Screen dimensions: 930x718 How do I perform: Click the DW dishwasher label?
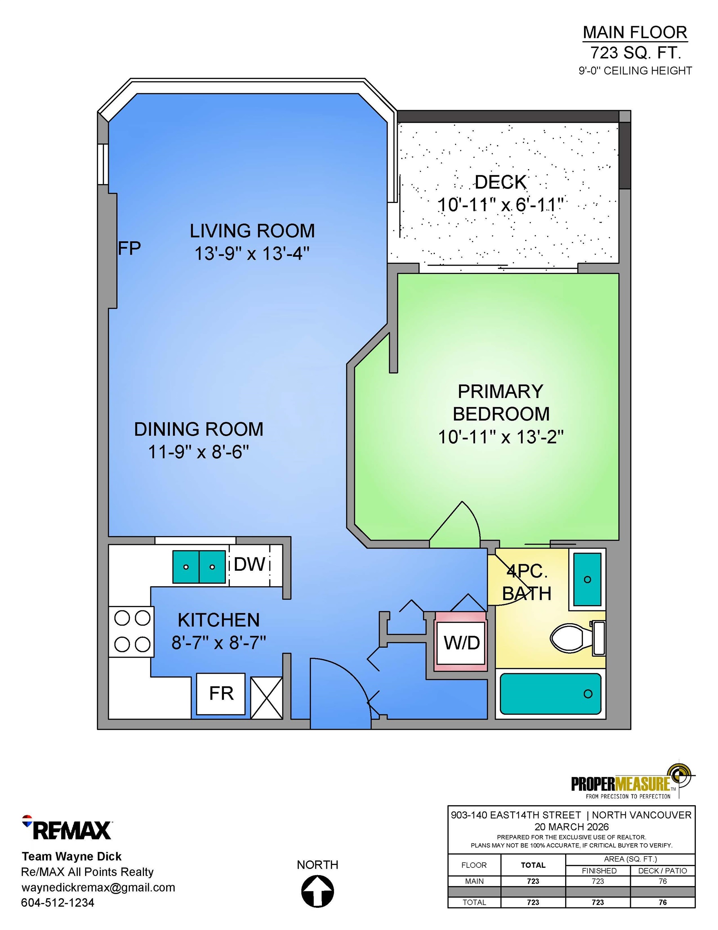(x=249, y=564)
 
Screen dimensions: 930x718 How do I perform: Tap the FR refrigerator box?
(x=221, y=694)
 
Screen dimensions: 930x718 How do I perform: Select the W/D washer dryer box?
(x=461, y=643)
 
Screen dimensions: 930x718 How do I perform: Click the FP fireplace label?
(x=129, y=248)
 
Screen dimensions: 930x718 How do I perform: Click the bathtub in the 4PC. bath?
(x=550, y=694)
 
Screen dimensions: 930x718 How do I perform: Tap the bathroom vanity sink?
(x=587, y=579)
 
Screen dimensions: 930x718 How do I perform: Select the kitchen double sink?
(x=199, y=567)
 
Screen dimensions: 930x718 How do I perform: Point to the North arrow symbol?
(x=317, y=892)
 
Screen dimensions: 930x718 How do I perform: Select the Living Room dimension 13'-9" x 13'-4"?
(x=252, y=254)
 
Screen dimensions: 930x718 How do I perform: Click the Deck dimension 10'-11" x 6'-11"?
(x=501, y=205)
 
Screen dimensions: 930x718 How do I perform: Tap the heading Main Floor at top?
(x=635, y=32)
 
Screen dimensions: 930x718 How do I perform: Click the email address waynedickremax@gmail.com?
(x=98, y=888)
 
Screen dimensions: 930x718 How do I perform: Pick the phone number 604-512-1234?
(x=57, y=903)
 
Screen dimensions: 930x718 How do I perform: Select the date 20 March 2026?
(x=571, y=827)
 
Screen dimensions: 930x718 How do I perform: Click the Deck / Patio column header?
(x=662, y=871)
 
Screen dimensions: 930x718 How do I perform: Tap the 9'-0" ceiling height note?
(x=635, y=71)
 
